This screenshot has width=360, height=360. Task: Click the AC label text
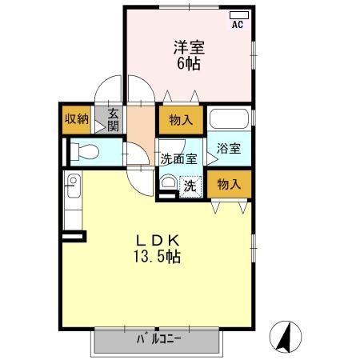tap(238, 25)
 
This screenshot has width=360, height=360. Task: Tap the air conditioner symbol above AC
tap(238, 15)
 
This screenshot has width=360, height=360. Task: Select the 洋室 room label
tap(187, 46)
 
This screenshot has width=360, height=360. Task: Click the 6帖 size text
tap(187, 62)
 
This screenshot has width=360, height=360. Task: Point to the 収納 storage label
tap(77, 120)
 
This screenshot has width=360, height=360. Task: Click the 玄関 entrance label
tap(113, 120)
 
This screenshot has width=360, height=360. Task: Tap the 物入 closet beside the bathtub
tap(180, 120)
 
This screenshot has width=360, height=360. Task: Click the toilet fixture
tap(83, 150)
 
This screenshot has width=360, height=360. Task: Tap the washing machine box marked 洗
tap(189, 186)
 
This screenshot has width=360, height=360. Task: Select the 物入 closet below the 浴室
tap(229, 184)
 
